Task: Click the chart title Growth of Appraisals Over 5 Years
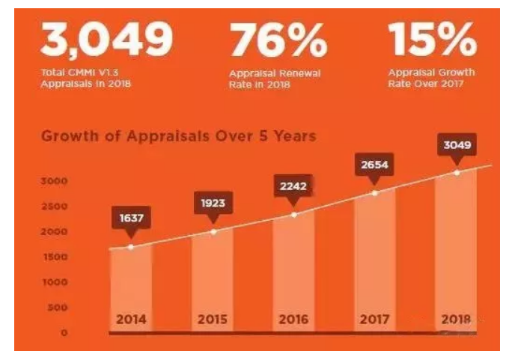pyautogui.click(x=178, y=136)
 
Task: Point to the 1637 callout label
pyautogui.click(x=131, y=219)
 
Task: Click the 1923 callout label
pyautogui.click(x=213, y=203)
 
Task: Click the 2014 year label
pyautogui.click(x=131, y=319)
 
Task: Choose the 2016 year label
pyautogui.click(x=293, y=319)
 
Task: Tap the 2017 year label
pyautogui.click(x=374, y=319)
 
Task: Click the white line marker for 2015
pyautogui.click(x=213, y=231)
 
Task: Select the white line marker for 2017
pyautogui.click(x=375, y=192)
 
